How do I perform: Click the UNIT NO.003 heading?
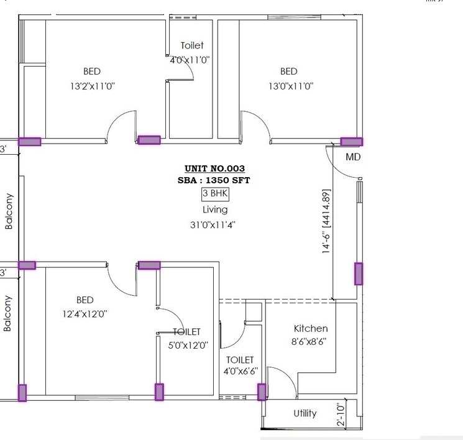tap(214, 168)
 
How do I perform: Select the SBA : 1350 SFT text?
tap(214, 180)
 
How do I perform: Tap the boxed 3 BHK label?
tap(215, 194)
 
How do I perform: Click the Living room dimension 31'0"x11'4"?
tap(214, 225)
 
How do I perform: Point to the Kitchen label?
tap(311, 328)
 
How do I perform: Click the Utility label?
tap(305, 413)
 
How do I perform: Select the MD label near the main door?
tap(353, 157)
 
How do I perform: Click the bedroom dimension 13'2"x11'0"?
tap(92, 86)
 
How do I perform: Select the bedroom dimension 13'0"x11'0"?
tap(290, 86)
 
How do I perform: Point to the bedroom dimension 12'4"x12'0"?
tap(85, 314)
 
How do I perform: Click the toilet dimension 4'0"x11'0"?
tap(190, 60)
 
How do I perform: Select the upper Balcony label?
tap(9, 211)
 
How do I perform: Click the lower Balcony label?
tap(8, 313)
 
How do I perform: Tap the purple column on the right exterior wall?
tap(359, 273)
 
